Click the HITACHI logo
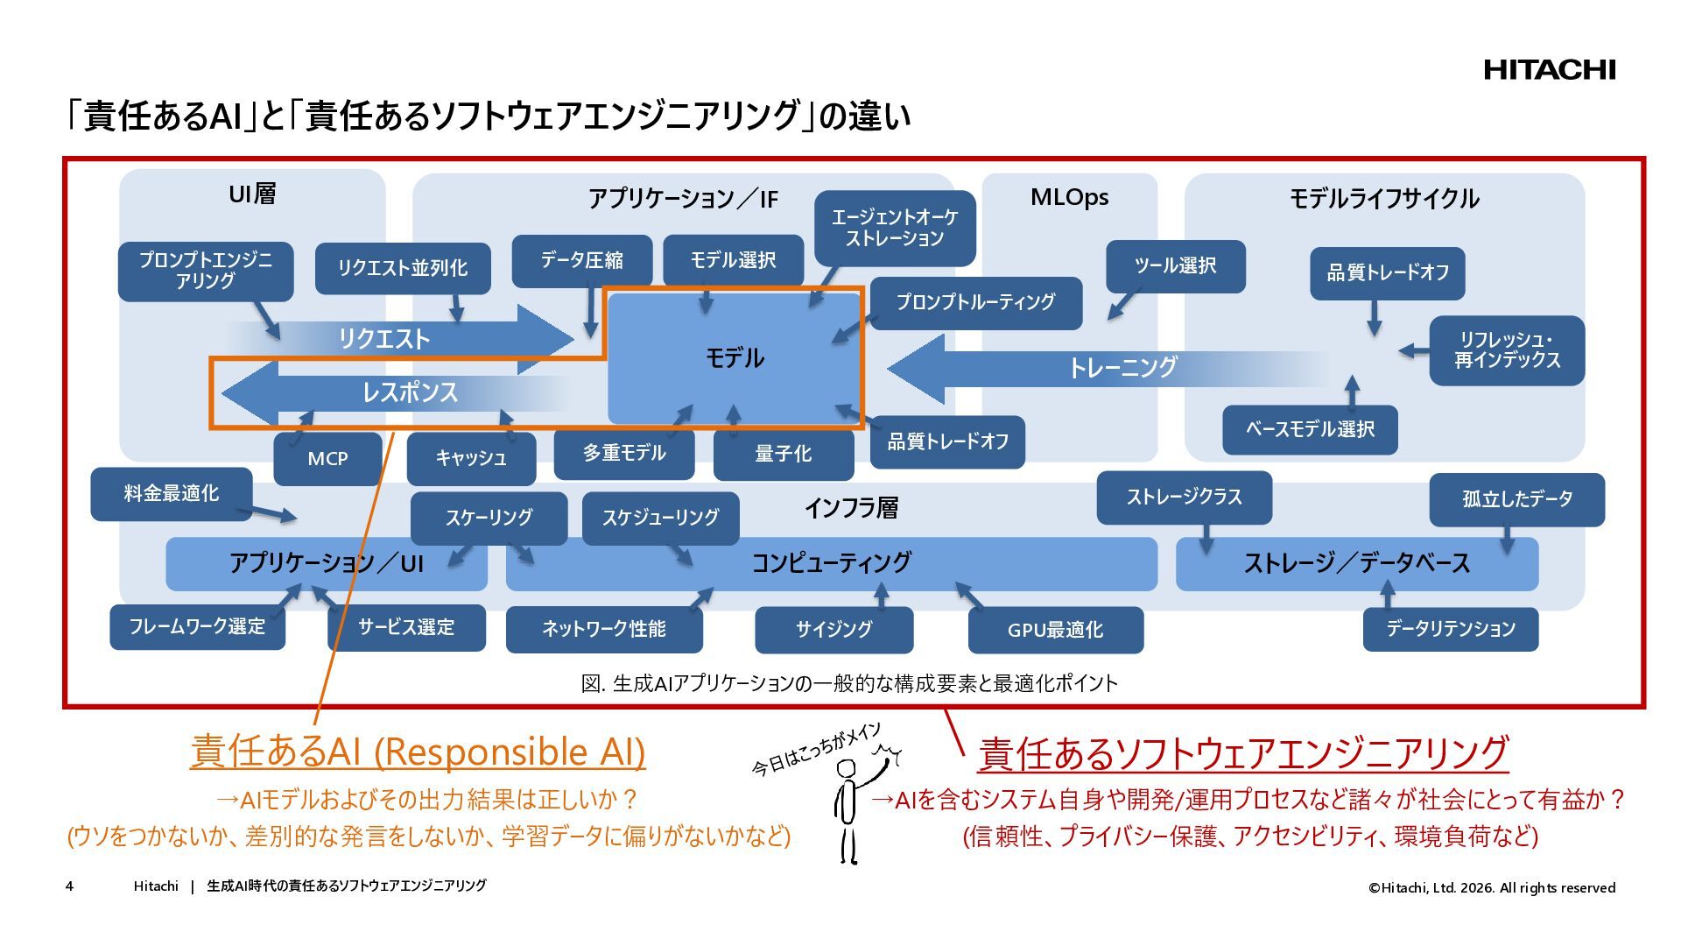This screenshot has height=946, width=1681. pos(1549,70)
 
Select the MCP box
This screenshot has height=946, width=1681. pos(327,458)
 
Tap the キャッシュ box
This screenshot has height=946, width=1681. pos(471,458)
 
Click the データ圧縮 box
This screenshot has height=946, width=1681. pos(581,260)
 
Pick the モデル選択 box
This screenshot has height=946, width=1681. pos(733,260)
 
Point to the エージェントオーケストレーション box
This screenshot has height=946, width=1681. pos(894,228)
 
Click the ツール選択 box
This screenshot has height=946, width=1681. pos(1175,265)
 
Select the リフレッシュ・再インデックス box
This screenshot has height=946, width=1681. pos(1507,349)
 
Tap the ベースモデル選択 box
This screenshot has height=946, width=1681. pos(1310,429)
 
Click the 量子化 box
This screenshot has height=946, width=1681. pos(784,454)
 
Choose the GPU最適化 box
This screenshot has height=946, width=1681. pos(1055,630)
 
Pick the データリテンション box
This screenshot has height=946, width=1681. pos(1450,629)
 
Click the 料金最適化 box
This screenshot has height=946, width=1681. pos(171,494)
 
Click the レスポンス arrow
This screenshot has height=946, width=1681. pos(394,392)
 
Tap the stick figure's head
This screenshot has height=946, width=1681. pos(846,769)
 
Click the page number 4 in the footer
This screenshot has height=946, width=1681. pos(69,886)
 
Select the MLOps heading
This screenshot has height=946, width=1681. pos(1069,197)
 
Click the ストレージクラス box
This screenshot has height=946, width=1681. pos(1184,497)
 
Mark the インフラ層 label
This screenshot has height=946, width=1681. pos(851,508)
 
